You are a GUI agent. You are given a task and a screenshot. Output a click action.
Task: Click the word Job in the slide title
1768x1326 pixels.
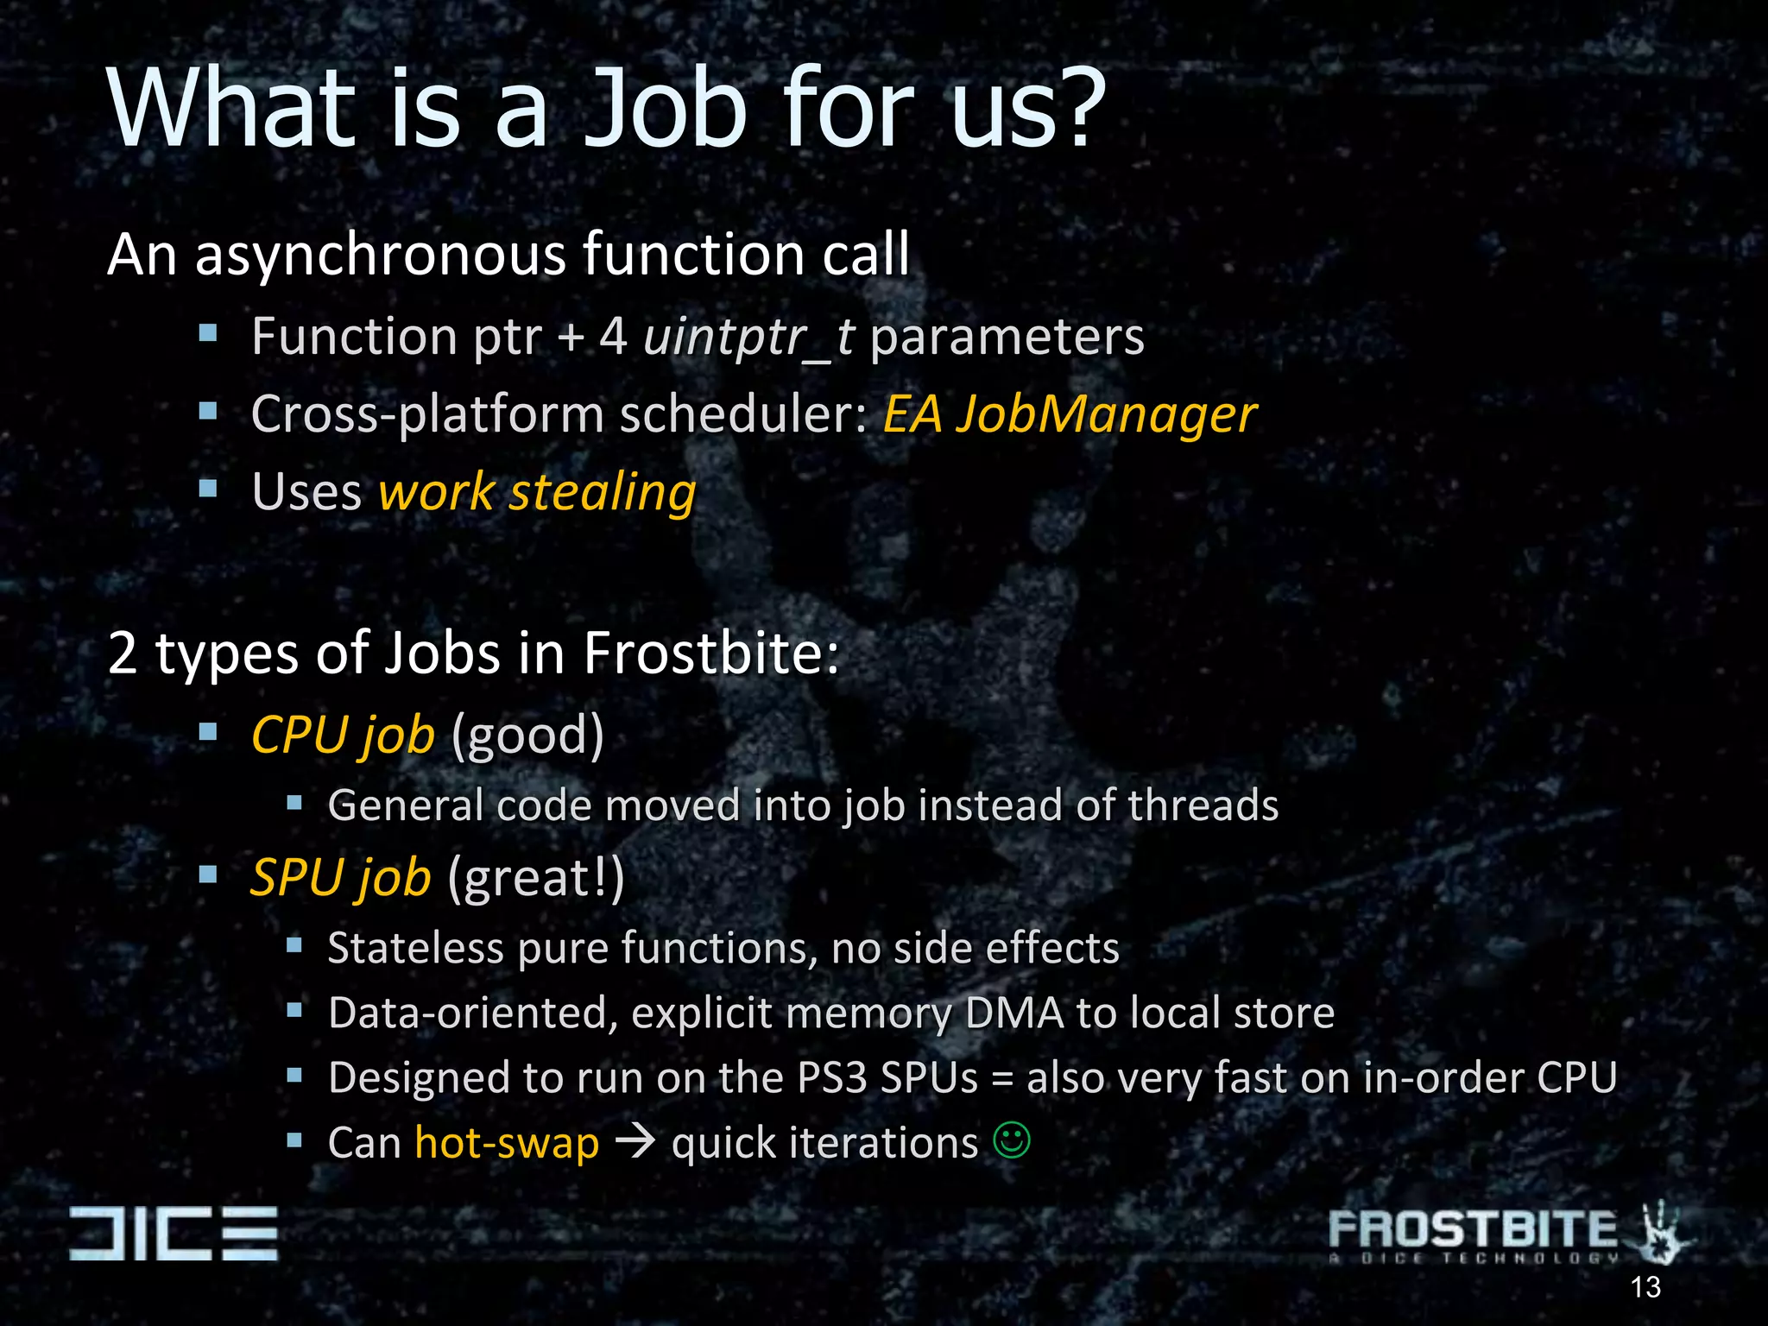click(x=665, y=110)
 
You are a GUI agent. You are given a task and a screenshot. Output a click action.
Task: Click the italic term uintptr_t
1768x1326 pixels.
click(x=748, y=337)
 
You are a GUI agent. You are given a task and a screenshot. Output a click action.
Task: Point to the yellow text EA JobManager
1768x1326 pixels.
click(x=1069, y=414)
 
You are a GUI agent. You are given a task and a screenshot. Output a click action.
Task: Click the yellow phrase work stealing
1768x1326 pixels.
click(x=537, y=493)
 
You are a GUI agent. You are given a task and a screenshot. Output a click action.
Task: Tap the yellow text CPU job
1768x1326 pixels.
click(x=343, y=736)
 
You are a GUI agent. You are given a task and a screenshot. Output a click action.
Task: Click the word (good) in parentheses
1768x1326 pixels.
click(x=527, y=736)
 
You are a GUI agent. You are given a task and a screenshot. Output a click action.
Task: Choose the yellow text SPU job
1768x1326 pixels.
click(x=341, y=878)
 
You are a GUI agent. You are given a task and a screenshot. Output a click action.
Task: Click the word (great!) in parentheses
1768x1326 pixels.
click(x=536, y=878)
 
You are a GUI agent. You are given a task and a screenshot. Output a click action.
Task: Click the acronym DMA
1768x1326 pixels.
click(x=1013, y=1013)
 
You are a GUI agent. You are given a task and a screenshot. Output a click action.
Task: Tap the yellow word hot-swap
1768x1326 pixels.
click(x=507, y=1143)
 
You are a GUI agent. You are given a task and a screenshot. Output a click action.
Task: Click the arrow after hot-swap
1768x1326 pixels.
click(x=635, y=1143)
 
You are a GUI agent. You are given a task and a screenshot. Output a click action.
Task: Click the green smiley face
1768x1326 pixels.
click(x=1012, y=1140)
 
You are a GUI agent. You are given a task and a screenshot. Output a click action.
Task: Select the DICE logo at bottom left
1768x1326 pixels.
click(x=174, y=1233)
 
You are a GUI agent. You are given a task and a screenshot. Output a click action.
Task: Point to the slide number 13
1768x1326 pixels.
click(x=1645, y=1287)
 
